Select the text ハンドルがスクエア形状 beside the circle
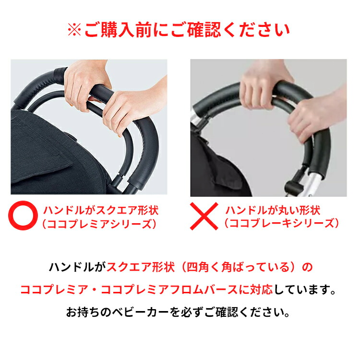coord(101,210)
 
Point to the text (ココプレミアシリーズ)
coord(98,223)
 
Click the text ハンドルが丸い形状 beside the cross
coord(273,210)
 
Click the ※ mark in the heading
coord(75,30)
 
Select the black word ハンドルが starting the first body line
coord(77,267)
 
